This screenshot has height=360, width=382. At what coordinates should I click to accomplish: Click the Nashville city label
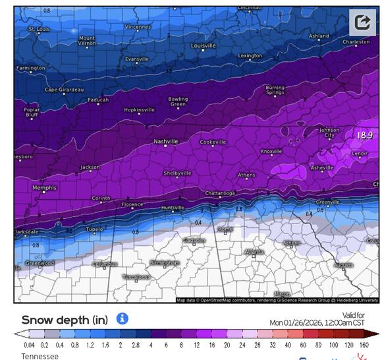pos(165,141)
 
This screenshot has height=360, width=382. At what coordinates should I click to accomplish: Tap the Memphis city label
pos(45,188)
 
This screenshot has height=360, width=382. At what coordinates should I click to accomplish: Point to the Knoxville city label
pos(271,151)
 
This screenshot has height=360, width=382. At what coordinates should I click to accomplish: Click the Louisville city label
pos(203,45)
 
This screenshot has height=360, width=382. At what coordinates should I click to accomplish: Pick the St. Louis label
pos(39,29)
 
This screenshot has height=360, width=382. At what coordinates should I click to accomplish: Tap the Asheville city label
pos(322,168)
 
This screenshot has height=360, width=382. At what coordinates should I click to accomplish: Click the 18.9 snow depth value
pos(365,135)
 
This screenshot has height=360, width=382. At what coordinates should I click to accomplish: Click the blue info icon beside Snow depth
pos(122,319)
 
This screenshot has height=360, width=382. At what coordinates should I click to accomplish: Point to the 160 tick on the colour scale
pos(364,345)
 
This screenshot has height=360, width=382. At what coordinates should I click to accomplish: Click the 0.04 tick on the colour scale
pos(29,345)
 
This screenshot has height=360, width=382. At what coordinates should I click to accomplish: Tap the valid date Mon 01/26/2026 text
pos(316,322)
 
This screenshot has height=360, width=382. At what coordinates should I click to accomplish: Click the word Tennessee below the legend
pos(40,356)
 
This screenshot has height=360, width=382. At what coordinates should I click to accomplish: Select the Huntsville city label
pos(173,208)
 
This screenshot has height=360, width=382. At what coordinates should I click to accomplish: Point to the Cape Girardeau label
pos(64,90)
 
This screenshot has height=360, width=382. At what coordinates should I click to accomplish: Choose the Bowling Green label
pos(178,102)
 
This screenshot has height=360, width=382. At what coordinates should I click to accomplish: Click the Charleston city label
pos(356,42)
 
